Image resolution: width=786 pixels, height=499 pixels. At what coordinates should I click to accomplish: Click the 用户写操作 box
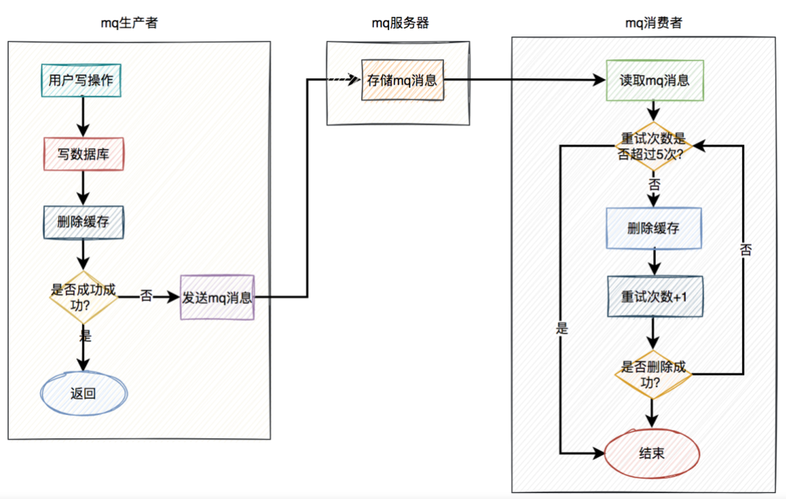tap(81, 81)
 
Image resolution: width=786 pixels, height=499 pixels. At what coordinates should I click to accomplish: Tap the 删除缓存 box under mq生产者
tap(83, 221)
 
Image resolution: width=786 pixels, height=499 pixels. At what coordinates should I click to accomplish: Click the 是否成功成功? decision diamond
tap(83, 296)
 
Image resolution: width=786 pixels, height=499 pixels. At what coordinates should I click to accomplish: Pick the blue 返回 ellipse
tap(83, 394)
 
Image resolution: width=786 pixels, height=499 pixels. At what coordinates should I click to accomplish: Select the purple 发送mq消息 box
tap(217, 297)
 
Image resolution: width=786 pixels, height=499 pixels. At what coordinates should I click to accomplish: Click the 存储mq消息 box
tap(402, 80)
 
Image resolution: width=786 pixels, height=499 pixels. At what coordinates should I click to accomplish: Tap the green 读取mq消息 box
tap(654, 80)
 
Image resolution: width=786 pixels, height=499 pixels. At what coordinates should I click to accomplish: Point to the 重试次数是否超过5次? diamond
tap(654, 145)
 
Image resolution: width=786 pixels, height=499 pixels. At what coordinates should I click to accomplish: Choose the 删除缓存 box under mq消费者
tap(654, 228)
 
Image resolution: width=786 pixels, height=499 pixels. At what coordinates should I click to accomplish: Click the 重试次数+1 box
tap(654, 297)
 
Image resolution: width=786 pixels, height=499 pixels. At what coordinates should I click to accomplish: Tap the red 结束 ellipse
tap(653, 453)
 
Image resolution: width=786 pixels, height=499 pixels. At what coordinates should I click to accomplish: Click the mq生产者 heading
tap(129, 23)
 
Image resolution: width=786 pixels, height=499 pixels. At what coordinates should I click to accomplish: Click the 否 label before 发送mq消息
tap(146, 297)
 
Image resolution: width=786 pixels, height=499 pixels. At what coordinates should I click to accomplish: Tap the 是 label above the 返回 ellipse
tap(85, 336)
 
